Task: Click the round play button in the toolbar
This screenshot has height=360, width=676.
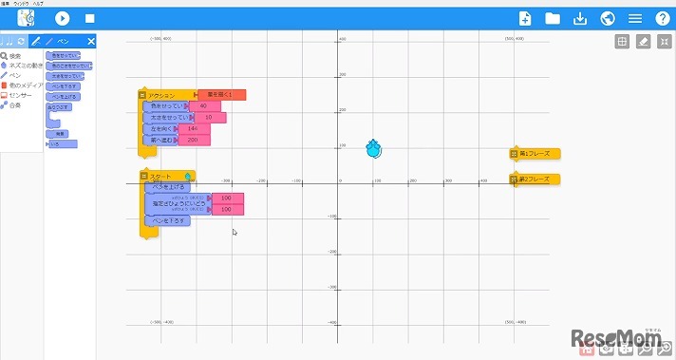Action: [x=63, y=18]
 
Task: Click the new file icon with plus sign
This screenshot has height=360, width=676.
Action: [x=524, y=18]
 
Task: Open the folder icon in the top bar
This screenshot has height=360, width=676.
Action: [x=553, y=18]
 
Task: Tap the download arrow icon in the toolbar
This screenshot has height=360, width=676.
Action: [x=580, y=18]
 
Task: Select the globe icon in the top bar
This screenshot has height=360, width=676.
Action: [x=608, y=18]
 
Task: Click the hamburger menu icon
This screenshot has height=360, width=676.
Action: [x=635, y=18]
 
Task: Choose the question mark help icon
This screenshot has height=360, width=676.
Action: [x=663, y=18]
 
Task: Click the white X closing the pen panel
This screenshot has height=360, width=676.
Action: [x=91, y=41]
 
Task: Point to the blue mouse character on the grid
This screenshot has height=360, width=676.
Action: [x=375, y=149]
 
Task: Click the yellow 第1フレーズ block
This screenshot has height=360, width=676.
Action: [x=535, y=153]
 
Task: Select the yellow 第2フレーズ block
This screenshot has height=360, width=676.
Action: [x=535, y=179]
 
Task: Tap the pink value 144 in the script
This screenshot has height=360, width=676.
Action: [x=194, y=128]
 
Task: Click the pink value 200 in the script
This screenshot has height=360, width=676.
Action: [x=194, y=140]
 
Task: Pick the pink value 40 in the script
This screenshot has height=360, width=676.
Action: [x=204, y=105]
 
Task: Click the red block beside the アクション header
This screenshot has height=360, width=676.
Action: [x=222, y=95]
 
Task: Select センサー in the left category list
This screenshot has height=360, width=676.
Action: [x=20, y=95]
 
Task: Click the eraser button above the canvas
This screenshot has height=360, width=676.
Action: [x=643, y=42]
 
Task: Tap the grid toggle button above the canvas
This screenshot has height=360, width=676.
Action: [x=622, y=42]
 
